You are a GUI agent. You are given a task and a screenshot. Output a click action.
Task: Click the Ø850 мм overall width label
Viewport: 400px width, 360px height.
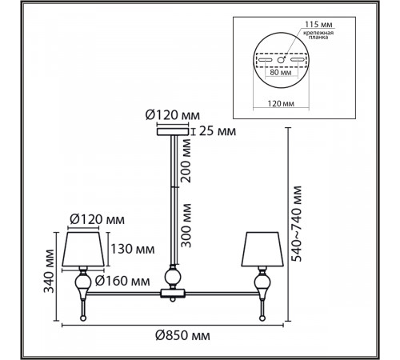point(182,335)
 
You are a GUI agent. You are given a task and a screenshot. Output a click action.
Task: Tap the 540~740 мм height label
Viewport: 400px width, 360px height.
point(296,224)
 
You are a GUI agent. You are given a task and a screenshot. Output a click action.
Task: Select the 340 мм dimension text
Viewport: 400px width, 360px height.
point(49,271)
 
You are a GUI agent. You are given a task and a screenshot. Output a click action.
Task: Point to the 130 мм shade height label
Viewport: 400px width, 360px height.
point(133,249)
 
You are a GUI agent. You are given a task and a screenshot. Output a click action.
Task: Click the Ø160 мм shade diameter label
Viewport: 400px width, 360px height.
point(122,281)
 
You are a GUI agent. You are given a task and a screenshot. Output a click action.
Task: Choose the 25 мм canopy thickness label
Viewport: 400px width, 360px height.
point(218,131)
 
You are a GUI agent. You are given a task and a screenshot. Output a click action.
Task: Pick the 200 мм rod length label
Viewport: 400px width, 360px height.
point(186,161)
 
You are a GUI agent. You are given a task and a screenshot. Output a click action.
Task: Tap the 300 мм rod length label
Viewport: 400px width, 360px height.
point(186,226)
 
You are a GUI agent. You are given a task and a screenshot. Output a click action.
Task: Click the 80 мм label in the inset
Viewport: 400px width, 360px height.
point(281,72)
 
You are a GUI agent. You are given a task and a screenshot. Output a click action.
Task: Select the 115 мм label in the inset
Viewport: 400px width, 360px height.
point(318,25)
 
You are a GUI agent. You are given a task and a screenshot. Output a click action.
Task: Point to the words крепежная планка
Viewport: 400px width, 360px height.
point(318,35)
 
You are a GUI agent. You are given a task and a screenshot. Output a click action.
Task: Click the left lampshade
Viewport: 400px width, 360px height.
point(83,249)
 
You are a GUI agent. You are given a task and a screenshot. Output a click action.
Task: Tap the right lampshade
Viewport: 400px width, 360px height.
point(262,249)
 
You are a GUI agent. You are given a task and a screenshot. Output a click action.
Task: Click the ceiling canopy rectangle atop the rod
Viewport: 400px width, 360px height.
point(173,132)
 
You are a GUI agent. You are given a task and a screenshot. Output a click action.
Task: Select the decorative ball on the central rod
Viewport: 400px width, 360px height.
point(173,277)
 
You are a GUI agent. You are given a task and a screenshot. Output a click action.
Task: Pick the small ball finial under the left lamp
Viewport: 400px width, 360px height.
point(83,318)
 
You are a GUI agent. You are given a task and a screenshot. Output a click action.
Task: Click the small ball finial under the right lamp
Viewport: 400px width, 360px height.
point(262,318)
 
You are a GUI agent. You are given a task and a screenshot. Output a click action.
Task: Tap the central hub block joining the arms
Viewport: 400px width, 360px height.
point(173,294)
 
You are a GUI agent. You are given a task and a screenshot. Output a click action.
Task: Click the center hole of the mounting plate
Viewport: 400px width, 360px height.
point(281,60)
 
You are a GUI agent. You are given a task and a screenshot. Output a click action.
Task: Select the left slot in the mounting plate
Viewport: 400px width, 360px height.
point(265,60)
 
